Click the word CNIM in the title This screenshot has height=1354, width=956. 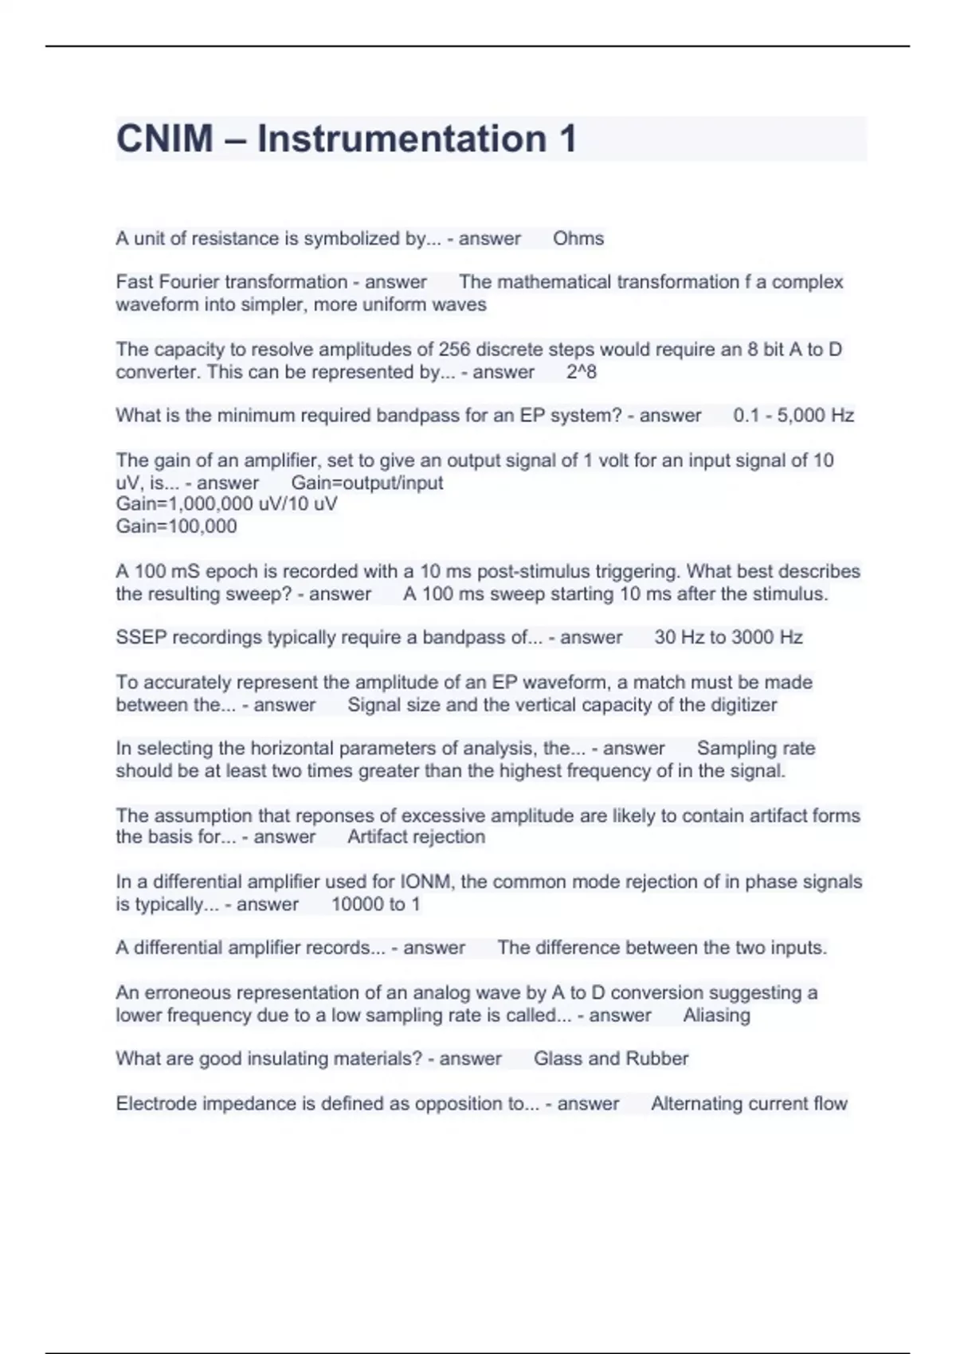coord(165,139)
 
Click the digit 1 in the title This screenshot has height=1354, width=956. coord(567,139)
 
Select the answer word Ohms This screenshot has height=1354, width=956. coord(578,238)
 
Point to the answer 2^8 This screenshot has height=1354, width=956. coord(582,372)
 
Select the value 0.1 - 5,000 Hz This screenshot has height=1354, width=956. coord(793,415)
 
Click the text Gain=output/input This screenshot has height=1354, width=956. coord(367,483)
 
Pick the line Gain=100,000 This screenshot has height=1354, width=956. coord(176,526)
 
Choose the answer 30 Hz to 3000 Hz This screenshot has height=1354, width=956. coord(728,637)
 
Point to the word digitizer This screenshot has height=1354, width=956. coord(740,705)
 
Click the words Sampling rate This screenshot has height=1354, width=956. coord(756,748)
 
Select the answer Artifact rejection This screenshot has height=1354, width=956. coord(416,836)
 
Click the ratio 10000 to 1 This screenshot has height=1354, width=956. coord(375,904)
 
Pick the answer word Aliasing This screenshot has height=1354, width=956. coord(716,1015)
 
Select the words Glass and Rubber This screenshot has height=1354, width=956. coord(611,1059)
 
